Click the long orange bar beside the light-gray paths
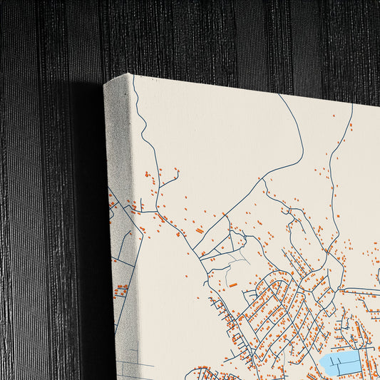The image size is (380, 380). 233,284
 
